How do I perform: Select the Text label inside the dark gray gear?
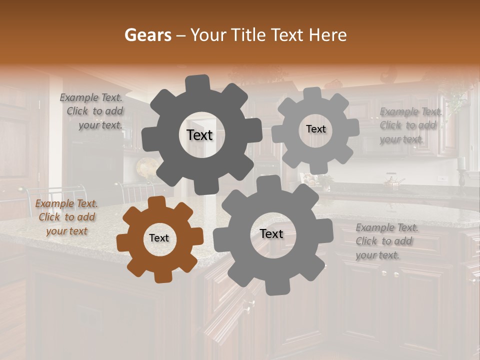coord(199,135)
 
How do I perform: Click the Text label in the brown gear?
coord(159,238)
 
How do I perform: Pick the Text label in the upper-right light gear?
coord(315,129)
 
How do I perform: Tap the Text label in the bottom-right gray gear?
coord(271,234)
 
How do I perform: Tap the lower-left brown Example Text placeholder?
coord(66,217)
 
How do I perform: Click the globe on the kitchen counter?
coord(146,167)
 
